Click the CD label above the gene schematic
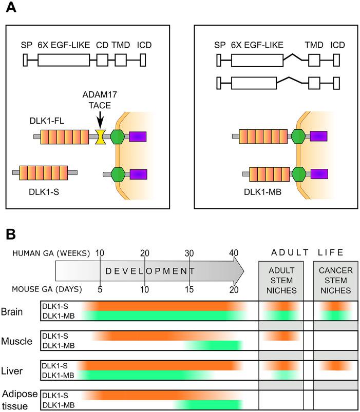pyautogui.click(x=102, y=45)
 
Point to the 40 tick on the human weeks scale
pyautogui.click(x=234, y=253)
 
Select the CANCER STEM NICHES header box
pyautogui.click(x=336, y=280)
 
